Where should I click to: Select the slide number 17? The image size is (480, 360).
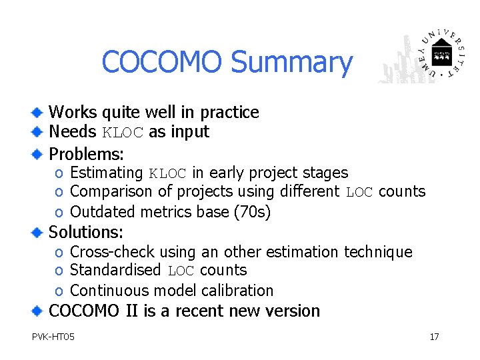click(x=434, y=337)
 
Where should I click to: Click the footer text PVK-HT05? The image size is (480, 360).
click(x=53, y=337)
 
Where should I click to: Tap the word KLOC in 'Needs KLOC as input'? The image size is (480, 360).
click(x=122, y=133)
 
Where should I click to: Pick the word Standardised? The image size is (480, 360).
click(x=115, y=270)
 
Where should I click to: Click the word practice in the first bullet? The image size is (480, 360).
click(x=231, y=113)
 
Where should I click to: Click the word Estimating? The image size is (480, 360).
click(x=106, y=173)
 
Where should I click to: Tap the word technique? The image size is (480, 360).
click(x=378, y=252)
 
